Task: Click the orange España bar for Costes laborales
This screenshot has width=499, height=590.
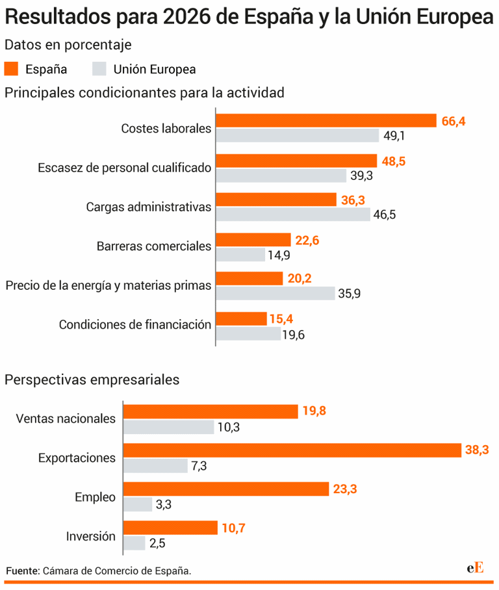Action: tap(326, 121)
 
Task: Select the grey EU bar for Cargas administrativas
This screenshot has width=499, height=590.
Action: tap(293, 214)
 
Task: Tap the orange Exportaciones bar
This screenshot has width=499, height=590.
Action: tap(292, 450)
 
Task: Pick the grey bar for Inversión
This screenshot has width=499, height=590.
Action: tap(134, 543)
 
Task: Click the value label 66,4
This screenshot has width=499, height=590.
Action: tap(454, 122)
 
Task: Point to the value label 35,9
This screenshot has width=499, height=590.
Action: tap(349, 294)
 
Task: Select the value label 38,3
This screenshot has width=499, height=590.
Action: tap(478, 450)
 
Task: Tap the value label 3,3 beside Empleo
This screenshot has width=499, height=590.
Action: tap(164, 504)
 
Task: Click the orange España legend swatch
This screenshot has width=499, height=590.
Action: tap(12, 69)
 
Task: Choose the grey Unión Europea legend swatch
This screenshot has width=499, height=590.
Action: tap(99, 69)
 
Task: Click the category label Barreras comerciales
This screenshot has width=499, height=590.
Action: tap(154, 246)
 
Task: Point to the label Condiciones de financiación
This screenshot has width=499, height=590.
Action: tap(135, 325)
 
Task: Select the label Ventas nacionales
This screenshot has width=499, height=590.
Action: tap(65, 418)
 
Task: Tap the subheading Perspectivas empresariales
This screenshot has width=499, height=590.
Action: tap(92, 379)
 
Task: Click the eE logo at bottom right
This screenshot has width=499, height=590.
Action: tap(475, 567)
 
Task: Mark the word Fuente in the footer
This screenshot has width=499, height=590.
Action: tap(23, 571)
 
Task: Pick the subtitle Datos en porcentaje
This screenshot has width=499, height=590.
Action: tap(68, 45)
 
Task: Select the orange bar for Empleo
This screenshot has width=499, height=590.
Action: tap(226, 489)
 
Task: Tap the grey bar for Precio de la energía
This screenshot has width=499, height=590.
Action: tap(275, 294)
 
